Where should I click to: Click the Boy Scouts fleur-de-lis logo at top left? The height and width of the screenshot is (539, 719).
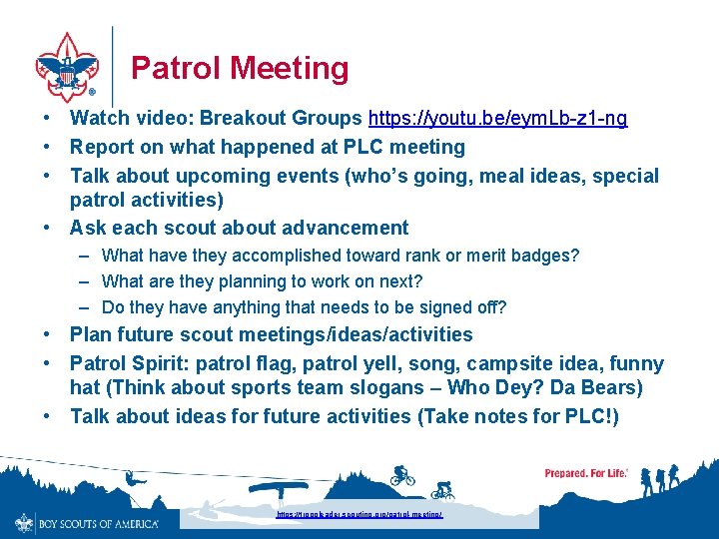tap(67, 67)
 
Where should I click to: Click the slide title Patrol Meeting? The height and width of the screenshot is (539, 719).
tap(240, 68)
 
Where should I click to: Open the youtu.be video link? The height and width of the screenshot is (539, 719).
tap(497, 119)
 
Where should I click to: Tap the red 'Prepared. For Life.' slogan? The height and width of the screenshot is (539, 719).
tap(586, 472)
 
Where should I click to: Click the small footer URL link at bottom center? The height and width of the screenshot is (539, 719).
tap(359, 515)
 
